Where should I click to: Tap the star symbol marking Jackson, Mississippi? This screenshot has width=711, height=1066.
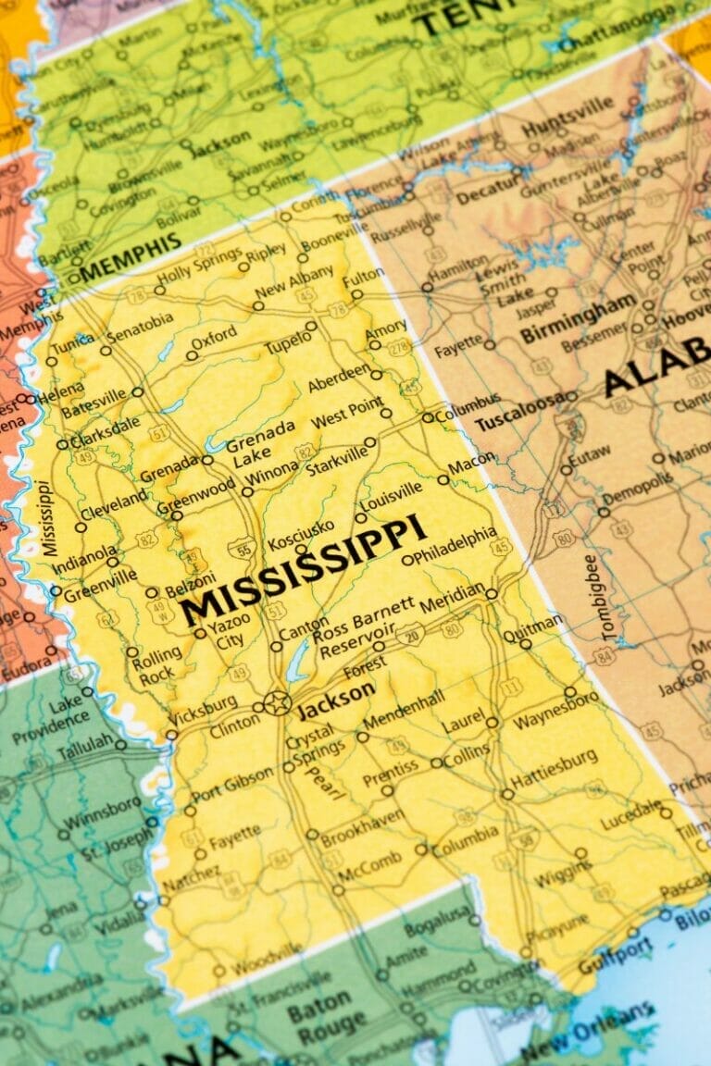pos(277,702)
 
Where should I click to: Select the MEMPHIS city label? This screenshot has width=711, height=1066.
pos(131,257)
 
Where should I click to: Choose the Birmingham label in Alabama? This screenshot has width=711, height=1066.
pos(578,318)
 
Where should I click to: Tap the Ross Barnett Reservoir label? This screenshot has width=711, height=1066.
pos(363,629)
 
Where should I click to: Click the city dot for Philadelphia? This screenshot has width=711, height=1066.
pos(407,560)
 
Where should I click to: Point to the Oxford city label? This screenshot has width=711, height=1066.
pos(215,341)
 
